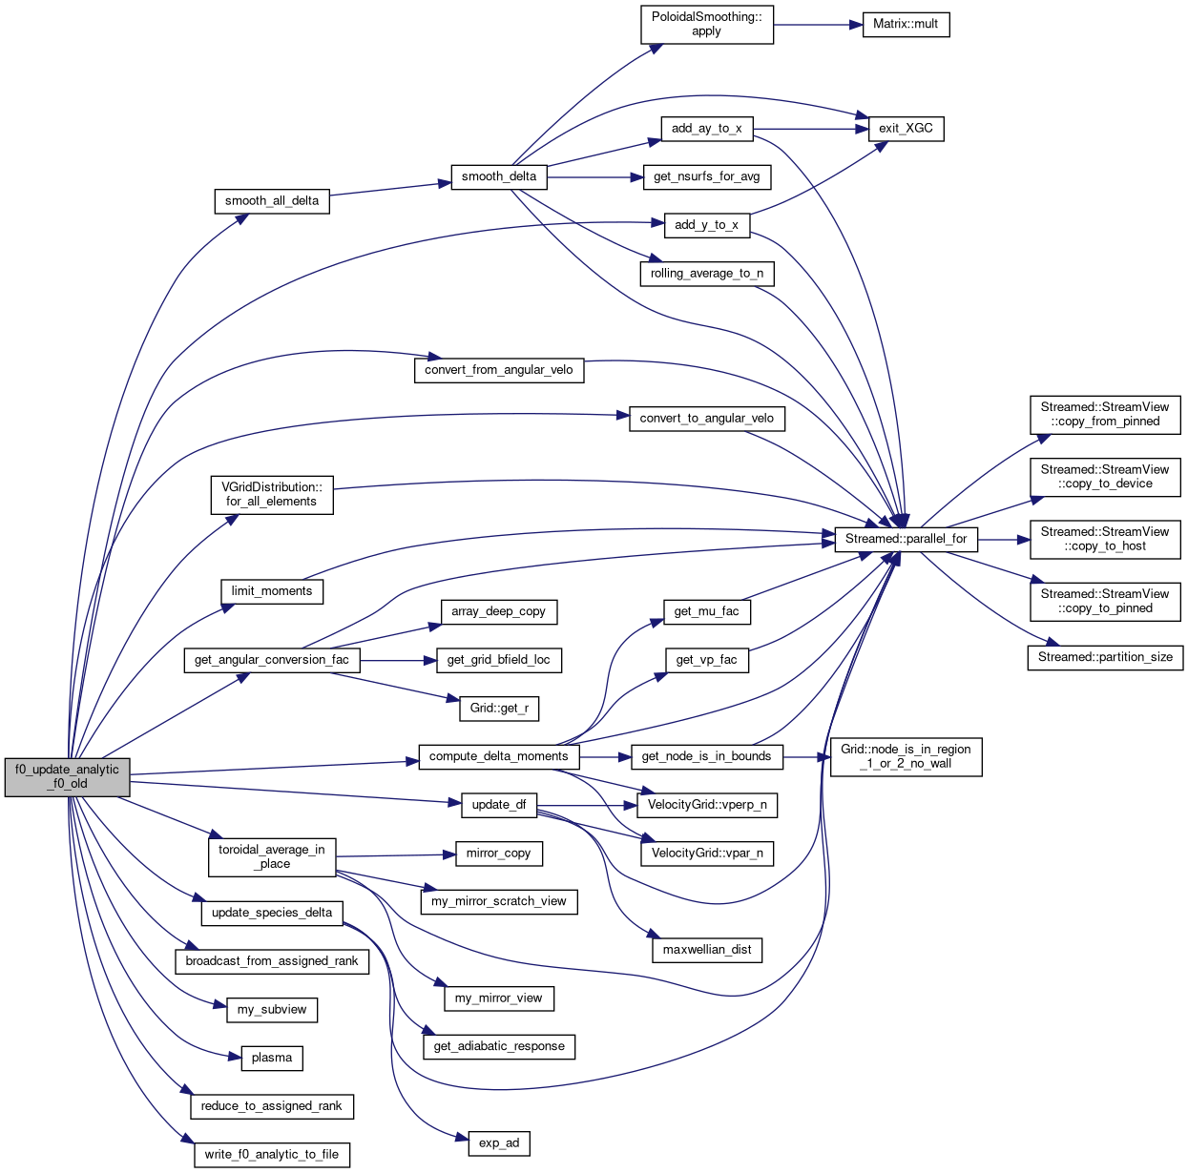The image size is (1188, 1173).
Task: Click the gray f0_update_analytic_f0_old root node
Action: [67, 776]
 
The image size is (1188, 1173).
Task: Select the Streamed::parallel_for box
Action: [906, 539]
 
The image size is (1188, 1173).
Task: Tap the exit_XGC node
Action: [906, 128]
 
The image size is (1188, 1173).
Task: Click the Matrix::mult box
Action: [906, 24]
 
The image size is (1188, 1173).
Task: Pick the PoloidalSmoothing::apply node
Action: [706, 24]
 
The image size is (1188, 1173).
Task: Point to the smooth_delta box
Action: [499, 176]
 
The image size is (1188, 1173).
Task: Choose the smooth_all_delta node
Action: [272, 200]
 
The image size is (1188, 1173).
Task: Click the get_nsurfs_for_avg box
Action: [706, 176]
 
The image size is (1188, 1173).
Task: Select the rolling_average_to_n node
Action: [706, 273]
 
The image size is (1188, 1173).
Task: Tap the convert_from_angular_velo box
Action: [499, 369]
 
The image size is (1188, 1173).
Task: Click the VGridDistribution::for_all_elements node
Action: [272, 494]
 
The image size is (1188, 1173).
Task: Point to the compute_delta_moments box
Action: [499, 756]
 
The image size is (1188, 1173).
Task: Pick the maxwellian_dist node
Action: [706, 949]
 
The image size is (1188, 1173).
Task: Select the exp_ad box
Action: [499, 1142]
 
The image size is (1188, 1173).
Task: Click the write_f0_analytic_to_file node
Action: [272, 1154]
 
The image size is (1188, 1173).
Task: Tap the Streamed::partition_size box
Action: [1105, 657]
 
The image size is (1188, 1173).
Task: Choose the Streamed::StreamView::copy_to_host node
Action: [1105, 539]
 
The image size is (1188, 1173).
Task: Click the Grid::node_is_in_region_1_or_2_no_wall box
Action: [906, 756]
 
